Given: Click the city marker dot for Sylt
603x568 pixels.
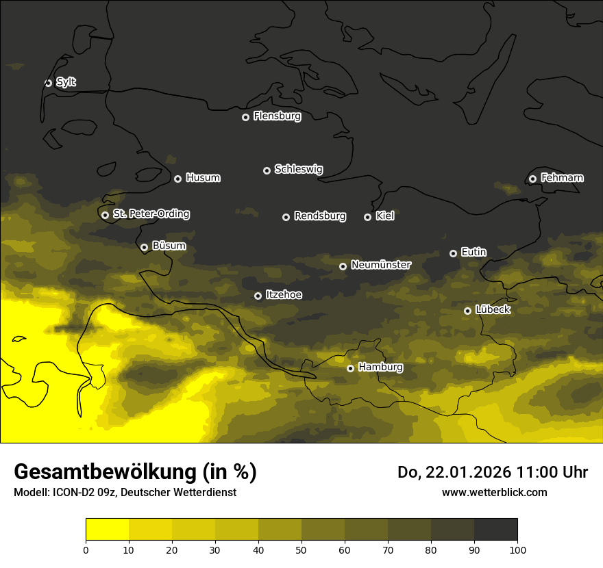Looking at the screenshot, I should click(x=48, y=83).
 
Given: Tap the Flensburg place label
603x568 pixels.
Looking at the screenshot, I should click(x=277, y=116).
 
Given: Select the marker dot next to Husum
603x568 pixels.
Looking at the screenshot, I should click(x=177, y=179).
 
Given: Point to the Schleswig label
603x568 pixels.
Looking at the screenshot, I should click(x=298, y=169).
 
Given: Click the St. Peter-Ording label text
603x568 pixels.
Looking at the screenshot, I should click(x=151, y=214).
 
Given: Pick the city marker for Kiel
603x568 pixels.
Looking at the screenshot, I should click(x=367, y=217).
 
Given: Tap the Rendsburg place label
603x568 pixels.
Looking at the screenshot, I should click(x=319, y=216).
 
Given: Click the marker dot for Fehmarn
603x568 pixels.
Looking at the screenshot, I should click(x=532, y=179).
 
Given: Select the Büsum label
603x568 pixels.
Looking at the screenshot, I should click(x=169, y=246).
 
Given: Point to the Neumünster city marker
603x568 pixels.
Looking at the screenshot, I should click(x=343, y=266).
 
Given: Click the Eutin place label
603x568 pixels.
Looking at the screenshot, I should click(x=473, y=253).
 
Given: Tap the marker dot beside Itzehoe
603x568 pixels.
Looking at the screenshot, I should click(x=258, y=296).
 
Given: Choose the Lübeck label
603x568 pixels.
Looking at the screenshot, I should click(x=492, y=310).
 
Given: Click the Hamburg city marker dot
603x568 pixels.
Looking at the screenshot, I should click(x=350, y=368).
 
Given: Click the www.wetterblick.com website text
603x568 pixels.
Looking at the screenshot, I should click(x=494, y=492).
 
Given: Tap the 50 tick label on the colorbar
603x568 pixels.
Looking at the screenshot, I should click(x=301, y=550).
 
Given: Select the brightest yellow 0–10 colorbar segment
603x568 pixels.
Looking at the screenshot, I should click(x=107, y=530).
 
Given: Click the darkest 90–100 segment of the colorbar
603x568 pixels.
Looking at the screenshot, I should click(x=495, y=530).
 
